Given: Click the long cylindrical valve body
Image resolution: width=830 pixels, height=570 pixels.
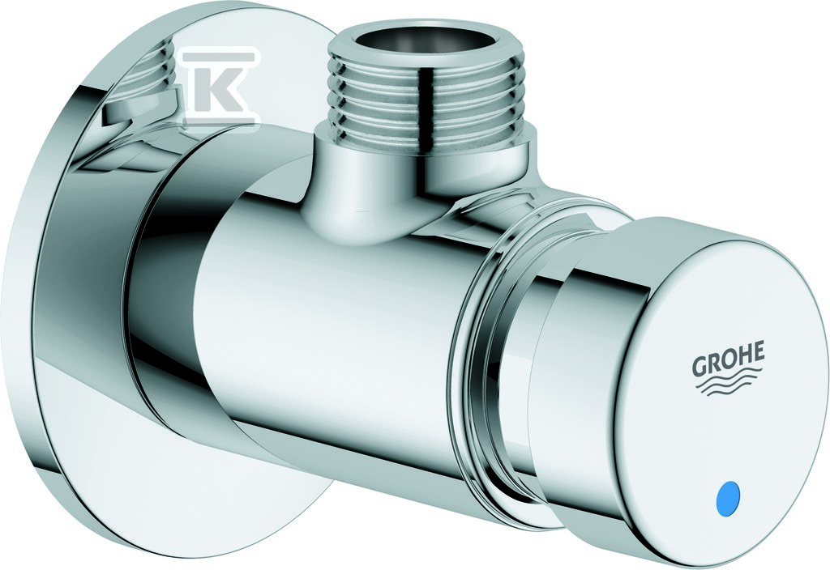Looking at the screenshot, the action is tap(339, 317).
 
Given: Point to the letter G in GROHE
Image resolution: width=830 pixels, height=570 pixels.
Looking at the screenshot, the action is tap(700, 366).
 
